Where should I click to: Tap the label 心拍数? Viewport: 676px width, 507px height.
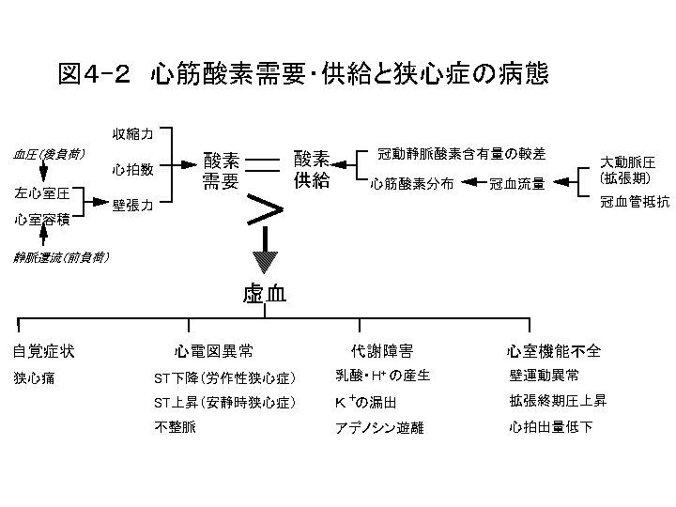pyautogui.click(x=131, y=170)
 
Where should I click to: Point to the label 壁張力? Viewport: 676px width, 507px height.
pyautogui.click(x=131, y=206)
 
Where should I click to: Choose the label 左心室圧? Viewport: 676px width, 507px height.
pyautogui.click(x=41, y=192)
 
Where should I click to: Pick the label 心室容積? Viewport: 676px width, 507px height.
pyautogui.click(x=41, y=221)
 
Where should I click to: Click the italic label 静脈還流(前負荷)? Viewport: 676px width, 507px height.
pyautogui.click(x=60, y=255)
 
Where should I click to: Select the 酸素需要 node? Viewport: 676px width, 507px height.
pyautogui.click(x=223, y=171)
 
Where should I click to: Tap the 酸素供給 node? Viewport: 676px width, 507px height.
pyautogui.click(x=312, y=171)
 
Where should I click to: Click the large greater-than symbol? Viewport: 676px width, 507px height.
pyautogui.click(x=268, y=209)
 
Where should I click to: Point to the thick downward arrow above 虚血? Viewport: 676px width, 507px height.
pyautogui.click(x=267, y=256)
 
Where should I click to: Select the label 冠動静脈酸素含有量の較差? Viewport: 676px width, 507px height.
pyautogui.click(x=461, y=152)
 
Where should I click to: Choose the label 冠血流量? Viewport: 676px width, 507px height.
pyautogui.click(x=516, y=184)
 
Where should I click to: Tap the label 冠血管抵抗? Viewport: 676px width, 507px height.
pyautogui.click(x=634, y=201)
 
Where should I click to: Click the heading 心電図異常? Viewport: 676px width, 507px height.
pyautogui.click(x=213, y=352)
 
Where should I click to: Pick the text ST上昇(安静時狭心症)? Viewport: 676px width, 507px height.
pyautogui.click(x=224, y=403)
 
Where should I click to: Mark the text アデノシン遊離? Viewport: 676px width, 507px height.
pyautogui.click(x=379, y=428)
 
